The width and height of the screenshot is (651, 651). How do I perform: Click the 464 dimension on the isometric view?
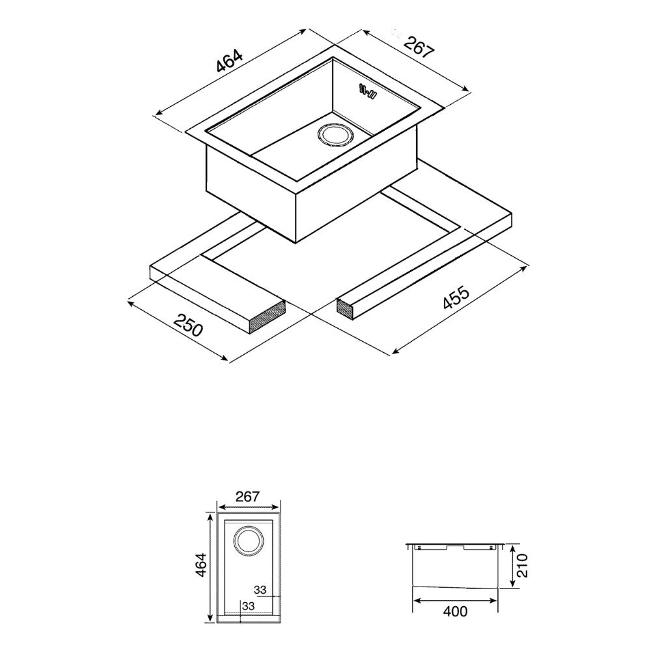point(229,61)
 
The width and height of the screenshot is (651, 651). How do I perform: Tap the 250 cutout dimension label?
point(189,324)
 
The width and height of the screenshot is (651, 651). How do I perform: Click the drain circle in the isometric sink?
point(335,135)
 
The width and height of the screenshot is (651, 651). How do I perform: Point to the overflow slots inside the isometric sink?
point(368,92)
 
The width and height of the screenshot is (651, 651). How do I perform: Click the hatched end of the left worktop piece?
point(268,317)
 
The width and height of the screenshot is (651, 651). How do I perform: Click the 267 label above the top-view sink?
point(247,497)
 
